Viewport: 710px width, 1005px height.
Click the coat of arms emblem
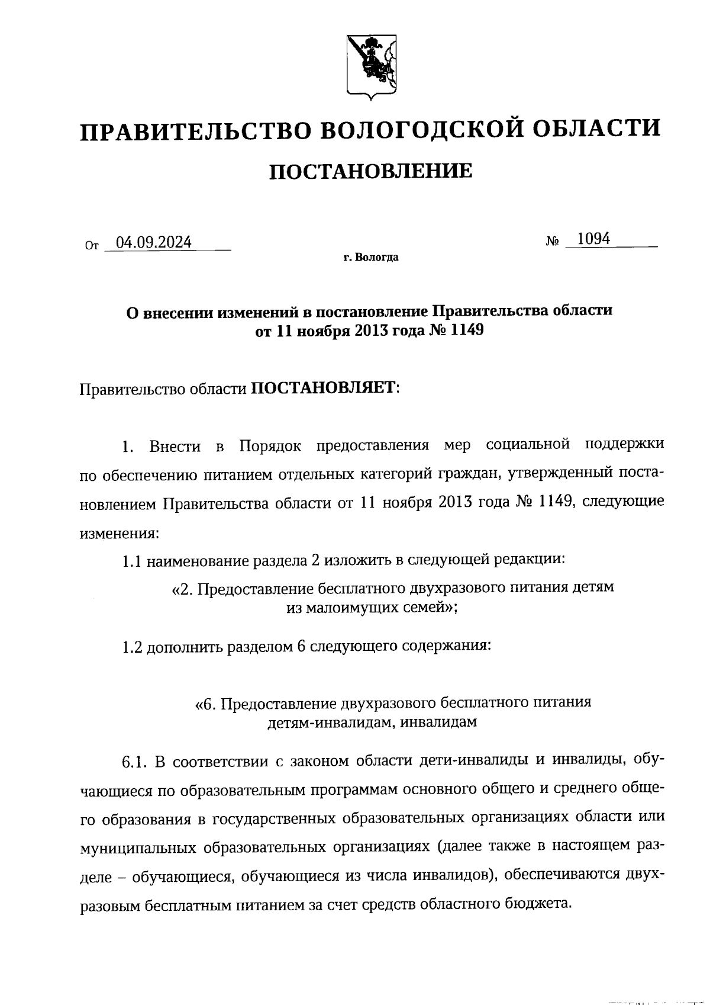[x=371, y=66]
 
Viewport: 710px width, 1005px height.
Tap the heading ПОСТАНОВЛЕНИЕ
[x=371, y=171]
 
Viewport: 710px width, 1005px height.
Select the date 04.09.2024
[x=153, y=242]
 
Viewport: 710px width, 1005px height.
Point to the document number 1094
[x=593, y=239]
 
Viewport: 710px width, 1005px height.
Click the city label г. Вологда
[x=371, y=258]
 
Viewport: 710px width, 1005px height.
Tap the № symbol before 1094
[x=553, y=242]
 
